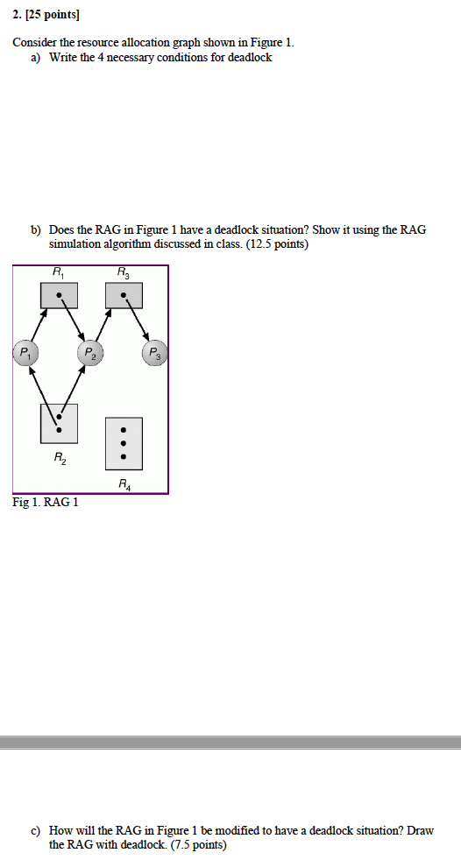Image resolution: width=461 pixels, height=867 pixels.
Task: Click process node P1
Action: tap(26, 354)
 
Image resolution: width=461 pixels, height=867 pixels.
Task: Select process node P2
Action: tap(90, 354)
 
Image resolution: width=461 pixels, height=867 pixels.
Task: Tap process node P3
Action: tap(155, 354)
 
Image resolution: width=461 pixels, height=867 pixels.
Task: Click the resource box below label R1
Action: tap(59, 295)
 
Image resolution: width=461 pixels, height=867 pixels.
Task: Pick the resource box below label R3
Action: tap(124, 295)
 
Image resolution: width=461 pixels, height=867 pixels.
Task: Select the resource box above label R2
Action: tap(59, 423)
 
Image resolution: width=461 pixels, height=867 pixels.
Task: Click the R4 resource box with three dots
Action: tap(124, 443)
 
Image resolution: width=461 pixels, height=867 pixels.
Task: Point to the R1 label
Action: tap(58, 273)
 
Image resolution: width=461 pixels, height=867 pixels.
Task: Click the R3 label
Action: tap(123, 273)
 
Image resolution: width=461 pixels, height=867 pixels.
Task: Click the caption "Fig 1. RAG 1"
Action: tap(46, 503)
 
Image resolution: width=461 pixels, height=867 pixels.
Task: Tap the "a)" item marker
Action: tap(37, 58)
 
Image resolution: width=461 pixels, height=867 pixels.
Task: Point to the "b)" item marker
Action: tap(37, 229)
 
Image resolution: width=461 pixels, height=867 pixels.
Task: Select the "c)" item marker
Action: tap(37, 830)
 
